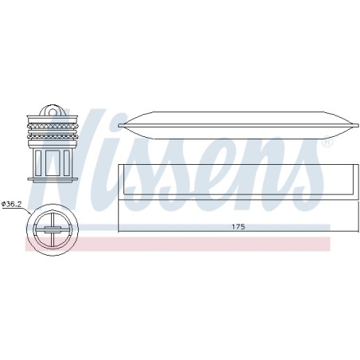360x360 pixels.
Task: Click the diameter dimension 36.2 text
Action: (x=11, y=204)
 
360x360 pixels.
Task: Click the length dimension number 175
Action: (x=238, y=227)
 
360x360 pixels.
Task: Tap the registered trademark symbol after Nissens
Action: (x=327, y=142)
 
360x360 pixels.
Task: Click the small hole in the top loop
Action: (x=53, y=112)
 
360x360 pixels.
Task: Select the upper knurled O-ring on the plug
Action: (x=53, y=127)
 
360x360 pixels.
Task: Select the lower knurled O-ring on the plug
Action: (x=53, y=137)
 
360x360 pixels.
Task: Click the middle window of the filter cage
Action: (x=53, y=162)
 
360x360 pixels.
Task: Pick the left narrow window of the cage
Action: (x=38, y=162)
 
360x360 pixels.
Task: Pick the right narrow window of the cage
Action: (x=67, y=162)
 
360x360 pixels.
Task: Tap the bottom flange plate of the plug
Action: (x=53, y=179)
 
